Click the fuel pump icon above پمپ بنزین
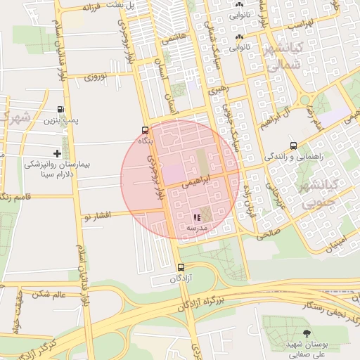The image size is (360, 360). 61,110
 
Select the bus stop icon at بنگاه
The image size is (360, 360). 145,130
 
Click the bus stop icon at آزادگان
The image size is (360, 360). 181,267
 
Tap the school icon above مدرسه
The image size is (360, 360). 197,217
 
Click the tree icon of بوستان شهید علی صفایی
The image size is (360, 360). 306,333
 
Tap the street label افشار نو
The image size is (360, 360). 97,214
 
